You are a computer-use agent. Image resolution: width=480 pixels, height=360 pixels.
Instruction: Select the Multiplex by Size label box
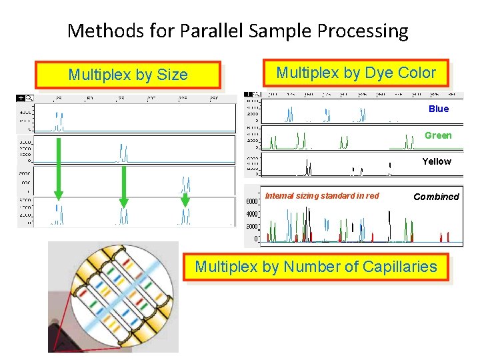[x=128, y=75]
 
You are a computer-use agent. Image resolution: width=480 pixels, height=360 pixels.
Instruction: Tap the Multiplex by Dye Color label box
[x=356, y=73]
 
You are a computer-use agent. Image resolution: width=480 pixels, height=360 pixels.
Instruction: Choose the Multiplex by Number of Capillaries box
[x=316, y=267]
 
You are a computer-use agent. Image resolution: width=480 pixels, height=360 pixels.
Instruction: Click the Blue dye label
[x=439, y=109]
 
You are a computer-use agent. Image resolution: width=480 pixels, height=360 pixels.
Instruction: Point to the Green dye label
[x=438, y=135]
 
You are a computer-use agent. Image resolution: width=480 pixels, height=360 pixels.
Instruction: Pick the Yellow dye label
[x=437, y=161]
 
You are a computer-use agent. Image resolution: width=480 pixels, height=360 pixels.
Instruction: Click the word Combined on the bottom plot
[x=436, y=197]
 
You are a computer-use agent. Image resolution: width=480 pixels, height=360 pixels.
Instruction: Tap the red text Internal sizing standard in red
[x=322, y=195]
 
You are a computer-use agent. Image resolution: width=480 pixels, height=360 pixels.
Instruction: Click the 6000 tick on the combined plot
[x=252, y=202]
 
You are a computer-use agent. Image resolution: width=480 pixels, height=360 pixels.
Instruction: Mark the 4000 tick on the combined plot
[x=252, y=214]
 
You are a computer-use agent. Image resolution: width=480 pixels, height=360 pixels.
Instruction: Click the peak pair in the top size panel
[x=59, y=123]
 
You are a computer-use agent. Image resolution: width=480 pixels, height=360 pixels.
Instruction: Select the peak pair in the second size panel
[x=123, y=153]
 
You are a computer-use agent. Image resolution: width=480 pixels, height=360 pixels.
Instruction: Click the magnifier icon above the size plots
[x=29, y=98]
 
